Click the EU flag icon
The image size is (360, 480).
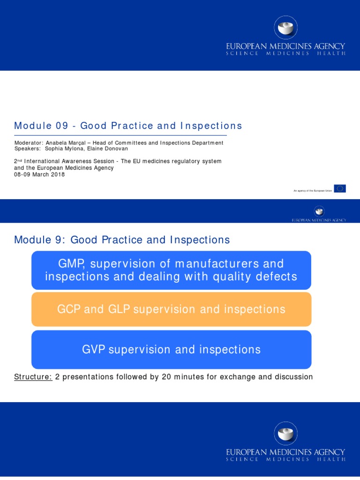tap(340, 188)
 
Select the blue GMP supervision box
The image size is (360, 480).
tap(171, 270)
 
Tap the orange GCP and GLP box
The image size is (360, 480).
tap(171, 309)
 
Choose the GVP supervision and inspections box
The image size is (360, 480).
tap(171, 350)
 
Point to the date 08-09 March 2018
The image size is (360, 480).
tap(39, 174)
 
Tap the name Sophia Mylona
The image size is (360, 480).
tap(63, 149)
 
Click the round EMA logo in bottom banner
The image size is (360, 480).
tap(285, 433)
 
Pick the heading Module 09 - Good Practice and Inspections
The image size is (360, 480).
tap(128, 126)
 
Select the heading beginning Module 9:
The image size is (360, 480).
tap(122, 240)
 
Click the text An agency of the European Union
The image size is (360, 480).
tap(312, 191)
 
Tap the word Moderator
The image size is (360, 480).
tap(29, 143)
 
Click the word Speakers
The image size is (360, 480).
tap(27, 149)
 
